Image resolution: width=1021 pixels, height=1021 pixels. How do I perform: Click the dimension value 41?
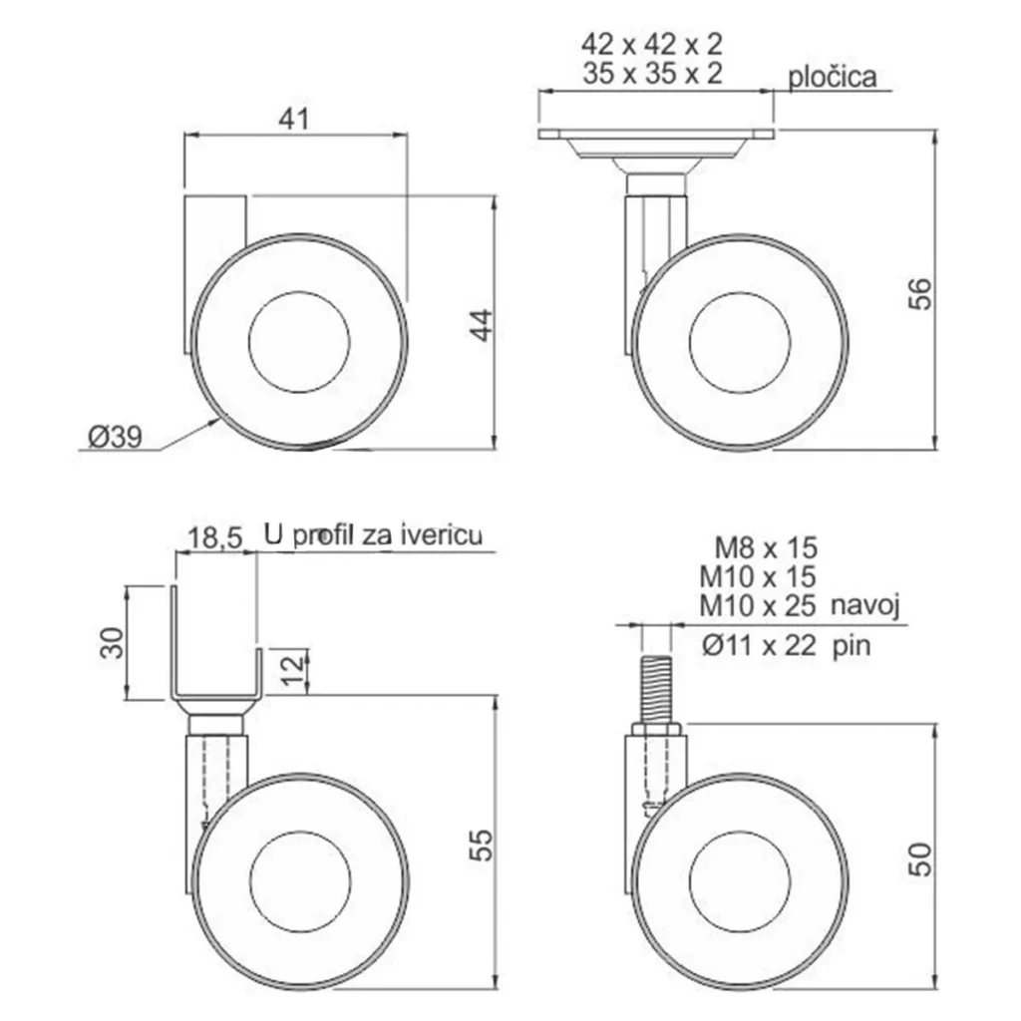(294, 120)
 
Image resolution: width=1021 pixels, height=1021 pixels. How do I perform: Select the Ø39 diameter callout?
(116, 437)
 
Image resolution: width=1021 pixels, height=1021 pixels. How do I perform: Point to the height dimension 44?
(483, 325)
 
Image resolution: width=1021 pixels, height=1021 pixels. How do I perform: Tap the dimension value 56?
(920, 294)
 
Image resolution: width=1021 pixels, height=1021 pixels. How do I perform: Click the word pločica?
(833, 77)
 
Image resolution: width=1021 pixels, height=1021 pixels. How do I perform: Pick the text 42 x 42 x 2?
(652, 44)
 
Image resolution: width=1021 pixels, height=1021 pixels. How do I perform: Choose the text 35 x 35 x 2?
(652, 73)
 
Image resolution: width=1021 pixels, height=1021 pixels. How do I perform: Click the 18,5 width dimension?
(215, 538)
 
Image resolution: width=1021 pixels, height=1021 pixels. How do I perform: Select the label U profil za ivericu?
(373, 534)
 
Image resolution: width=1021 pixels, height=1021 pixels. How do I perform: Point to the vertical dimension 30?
(112, 643)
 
